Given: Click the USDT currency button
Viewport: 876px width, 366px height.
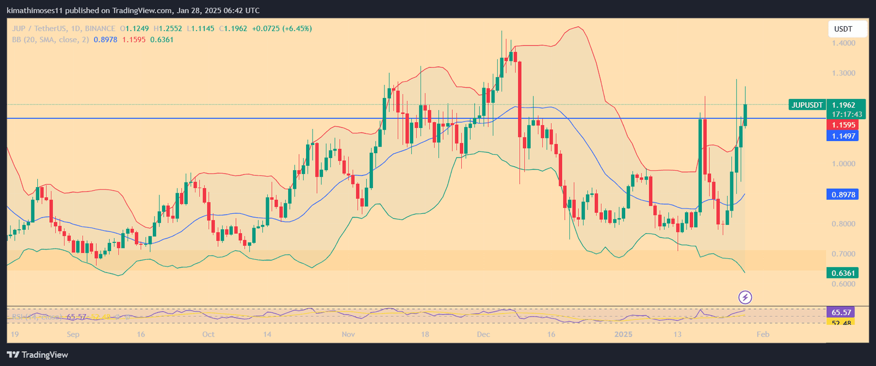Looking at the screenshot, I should click(847, 29).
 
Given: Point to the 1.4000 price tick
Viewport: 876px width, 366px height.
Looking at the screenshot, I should click(843, 43).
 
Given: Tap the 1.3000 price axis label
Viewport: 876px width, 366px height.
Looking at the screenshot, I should click(843, 73).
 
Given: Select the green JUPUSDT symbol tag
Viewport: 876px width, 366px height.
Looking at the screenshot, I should click(808, 105).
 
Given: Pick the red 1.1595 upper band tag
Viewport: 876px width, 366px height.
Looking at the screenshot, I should click(843, 125).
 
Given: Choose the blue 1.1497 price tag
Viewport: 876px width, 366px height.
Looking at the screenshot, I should click(843, 136).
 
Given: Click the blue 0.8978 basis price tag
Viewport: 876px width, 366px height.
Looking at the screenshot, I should click(843, 195).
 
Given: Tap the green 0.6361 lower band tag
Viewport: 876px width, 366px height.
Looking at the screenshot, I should click(843, 273).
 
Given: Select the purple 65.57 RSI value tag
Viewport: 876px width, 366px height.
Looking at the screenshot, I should click(841, 312).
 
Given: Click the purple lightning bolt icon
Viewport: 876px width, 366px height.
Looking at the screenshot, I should click(745, 298).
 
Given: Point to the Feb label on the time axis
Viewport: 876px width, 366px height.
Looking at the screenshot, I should click(763, 334).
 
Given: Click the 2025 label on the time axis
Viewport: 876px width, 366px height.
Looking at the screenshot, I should click(623, 334).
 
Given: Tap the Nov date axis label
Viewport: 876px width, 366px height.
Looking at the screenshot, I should click(348, 334).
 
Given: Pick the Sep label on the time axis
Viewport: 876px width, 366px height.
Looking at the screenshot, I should click(73, 334).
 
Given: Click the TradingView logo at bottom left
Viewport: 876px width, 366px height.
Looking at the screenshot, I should click(38, 355).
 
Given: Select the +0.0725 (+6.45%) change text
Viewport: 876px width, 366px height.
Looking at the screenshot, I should click(282, 28).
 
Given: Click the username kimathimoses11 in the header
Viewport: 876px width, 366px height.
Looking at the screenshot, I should click(34, 10).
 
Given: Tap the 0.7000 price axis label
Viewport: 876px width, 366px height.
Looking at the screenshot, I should click(843, 254).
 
